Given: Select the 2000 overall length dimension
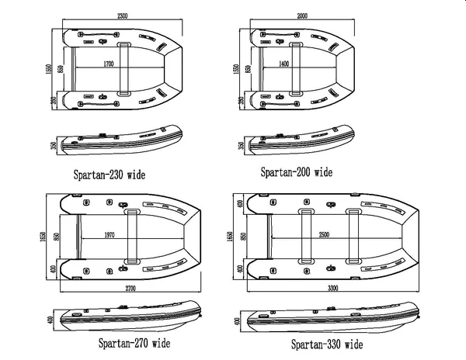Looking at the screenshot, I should click(300, 15).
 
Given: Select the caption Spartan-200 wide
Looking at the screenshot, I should click(296, 171).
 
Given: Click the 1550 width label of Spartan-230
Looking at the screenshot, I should click(49, 71).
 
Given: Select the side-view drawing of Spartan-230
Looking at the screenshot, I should click(122, 140).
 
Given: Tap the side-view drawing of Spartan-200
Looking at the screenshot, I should click(299, 140).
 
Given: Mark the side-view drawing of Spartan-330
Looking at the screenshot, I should click(334, 318).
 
